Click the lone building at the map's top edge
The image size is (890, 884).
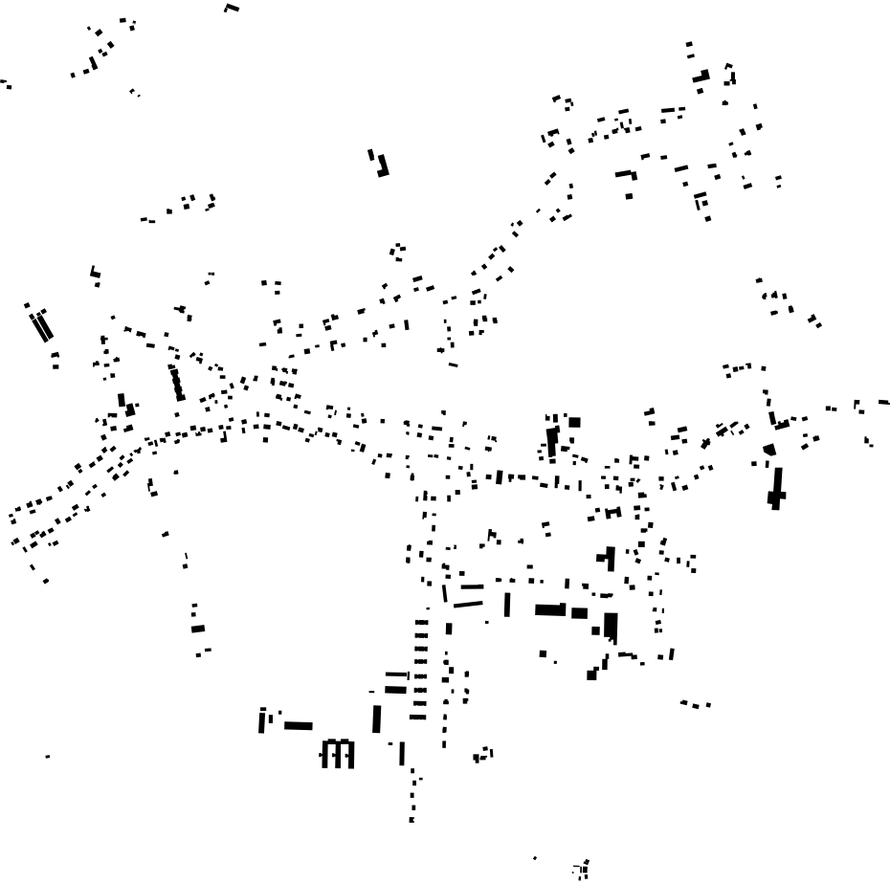(232, 8)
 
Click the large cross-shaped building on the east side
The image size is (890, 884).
(776, 489)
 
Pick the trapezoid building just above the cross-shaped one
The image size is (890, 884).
(769, 449)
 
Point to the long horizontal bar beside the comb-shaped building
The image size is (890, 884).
(299, 726)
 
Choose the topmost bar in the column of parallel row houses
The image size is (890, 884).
(421, 623)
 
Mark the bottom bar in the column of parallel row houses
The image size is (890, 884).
(418, 717)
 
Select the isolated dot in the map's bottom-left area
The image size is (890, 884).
(48, 757)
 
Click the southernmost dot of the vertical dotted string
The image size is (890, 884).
(412, 820)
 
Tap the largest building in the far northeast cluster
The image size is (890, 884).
(701, 76)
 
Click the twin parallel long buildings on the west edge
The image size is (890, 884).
(41, 325)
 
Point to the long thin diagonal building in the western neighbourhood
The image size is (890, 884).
(176, 383)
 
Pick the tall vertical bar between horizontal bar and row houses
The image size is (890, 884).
(377, 718)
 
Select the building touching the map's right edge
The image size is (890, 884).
(883, 403)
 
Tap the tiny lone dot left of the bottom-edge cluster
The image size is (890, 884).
(535, 858)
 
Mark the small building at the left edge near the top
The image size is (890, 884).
(7, 84)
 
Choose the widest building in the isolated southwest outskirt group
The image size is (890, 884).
(198, 629)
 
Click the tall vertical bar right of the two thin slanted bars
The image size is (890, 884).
(507, 605)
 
